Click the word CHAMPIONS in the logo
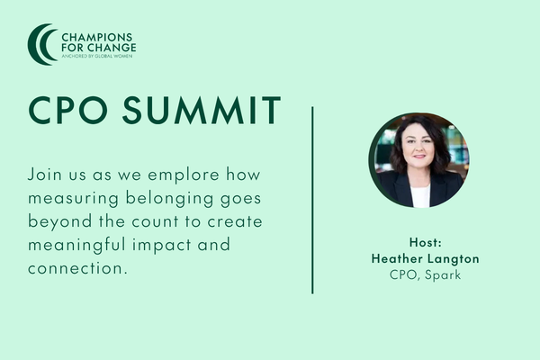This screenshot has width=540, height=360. [97, 37]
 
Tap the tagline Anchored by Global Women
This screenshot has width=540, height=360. [97, 56]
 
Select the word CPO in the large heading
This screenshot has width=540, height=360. [68, 110]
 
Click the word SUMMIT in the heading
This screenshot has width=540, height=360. [202, 110]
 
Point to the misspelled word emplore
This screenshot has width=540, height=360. [184, 175]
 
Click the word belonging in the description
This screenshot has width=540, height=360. [169, 199]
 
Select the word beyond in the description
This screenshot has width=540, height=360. [60, 221]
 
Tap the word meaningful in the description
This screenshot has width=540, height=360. [76, 246]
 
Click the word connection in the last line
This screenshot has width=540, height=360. [75, 268]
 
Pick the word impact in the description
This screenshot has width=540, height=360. [162, 246]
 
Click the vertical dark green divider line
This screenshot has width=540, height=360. [312, 200]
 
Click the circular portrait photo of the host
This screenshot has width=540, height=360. [418, 160]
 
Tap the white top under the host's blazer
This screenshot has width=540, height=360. [420, 196]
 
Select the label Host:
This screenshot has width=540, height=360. [426, 242]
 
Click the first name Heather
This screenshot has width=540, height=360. [397, 258]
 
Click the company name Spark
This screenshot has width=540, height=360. [443, 275]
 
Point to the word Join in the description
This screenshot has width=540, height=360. [45, 175]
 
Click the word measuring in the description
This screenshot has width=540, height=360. [74, 199]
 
